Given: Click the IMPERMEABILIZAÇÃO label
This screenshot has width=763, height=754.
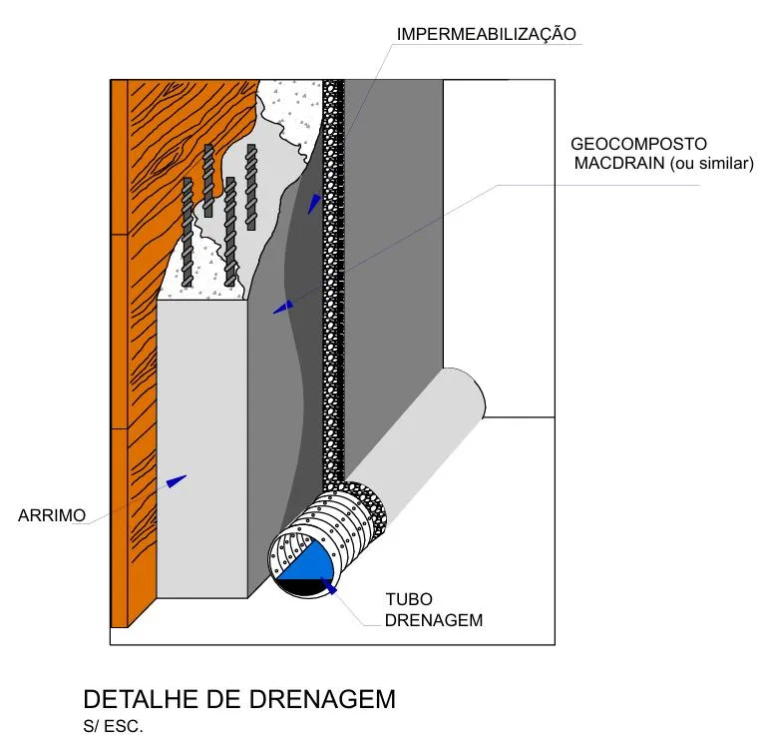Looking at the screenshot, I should pyautogui.click(x=486, y=34).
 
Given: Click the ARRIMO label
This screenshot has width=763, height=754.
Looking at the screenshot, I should pyautogui.click(x=51, y=515).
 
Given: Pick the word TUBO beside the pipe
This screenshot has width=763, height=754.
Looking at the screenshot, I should pyautogui.click(x=409, y=600).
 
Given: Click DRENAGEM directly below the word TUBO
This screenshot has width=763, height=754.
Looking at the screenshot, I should pyautogui.click(x=434, y=620).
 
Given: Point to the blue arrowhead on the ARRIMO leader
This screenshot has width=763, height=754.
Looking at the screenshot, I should pyautogui.click(x=177, y=480).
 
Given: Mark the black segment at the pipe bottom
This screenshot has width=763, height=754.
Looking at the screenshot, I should pyautogui.click(x=301, y=589).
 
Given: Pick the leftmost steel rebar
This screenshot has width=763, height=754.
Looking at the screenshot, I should pyautogui.click(x=187, y=232).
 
